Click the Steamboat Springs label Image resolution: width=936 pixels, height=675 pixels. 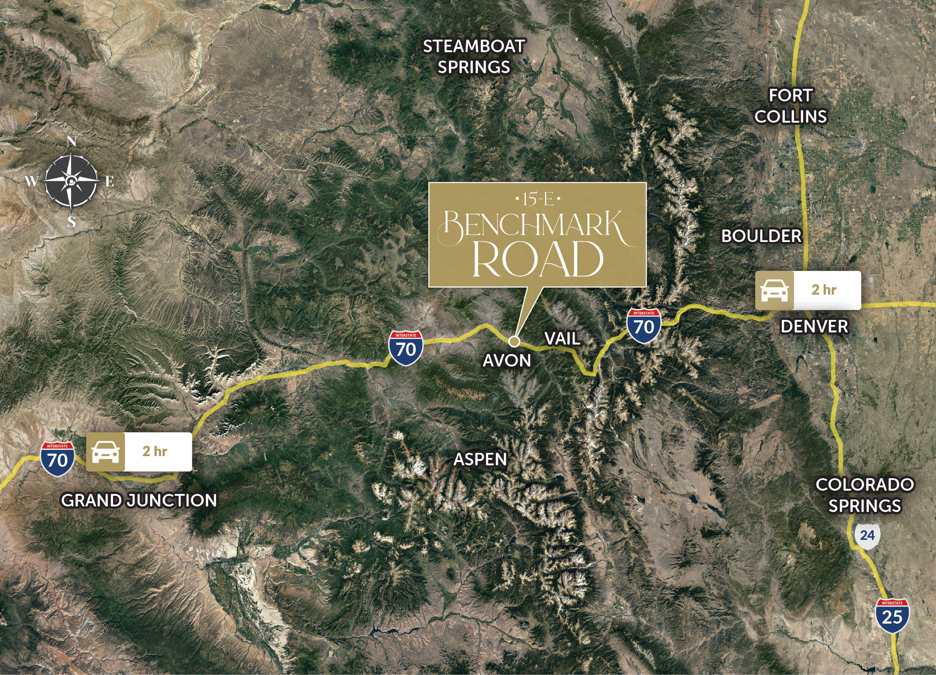pos(474,57)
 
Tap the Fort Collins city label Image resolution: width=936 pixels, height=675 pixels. pos(790,106)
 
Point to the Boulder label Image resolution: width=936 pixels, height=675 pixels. pos(761,236)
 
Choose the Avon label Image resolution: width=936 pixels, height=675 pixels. pos(507,361)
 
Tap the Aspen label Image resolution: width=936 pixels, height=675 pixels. pos(480,459)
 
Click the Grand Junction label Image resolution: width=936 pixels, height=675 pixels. pos(139,501)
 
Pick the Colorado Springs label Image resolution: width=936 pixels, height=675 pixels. pos(864,495)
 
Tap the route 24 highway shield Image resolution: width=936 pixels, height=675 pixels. pos(867,536)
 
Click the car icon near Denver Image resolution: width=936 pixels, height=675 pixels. pos(774,291)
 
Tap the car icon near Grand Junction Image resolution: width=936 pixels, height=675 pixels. pos(106,452)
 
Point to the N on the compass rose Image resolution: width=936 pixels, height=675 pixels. pos(72,142)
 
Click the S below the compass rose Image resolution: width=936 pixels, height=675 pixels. pos(72,222)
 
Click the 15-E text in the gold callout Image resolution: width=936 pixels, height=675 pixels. pos(538,200)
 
